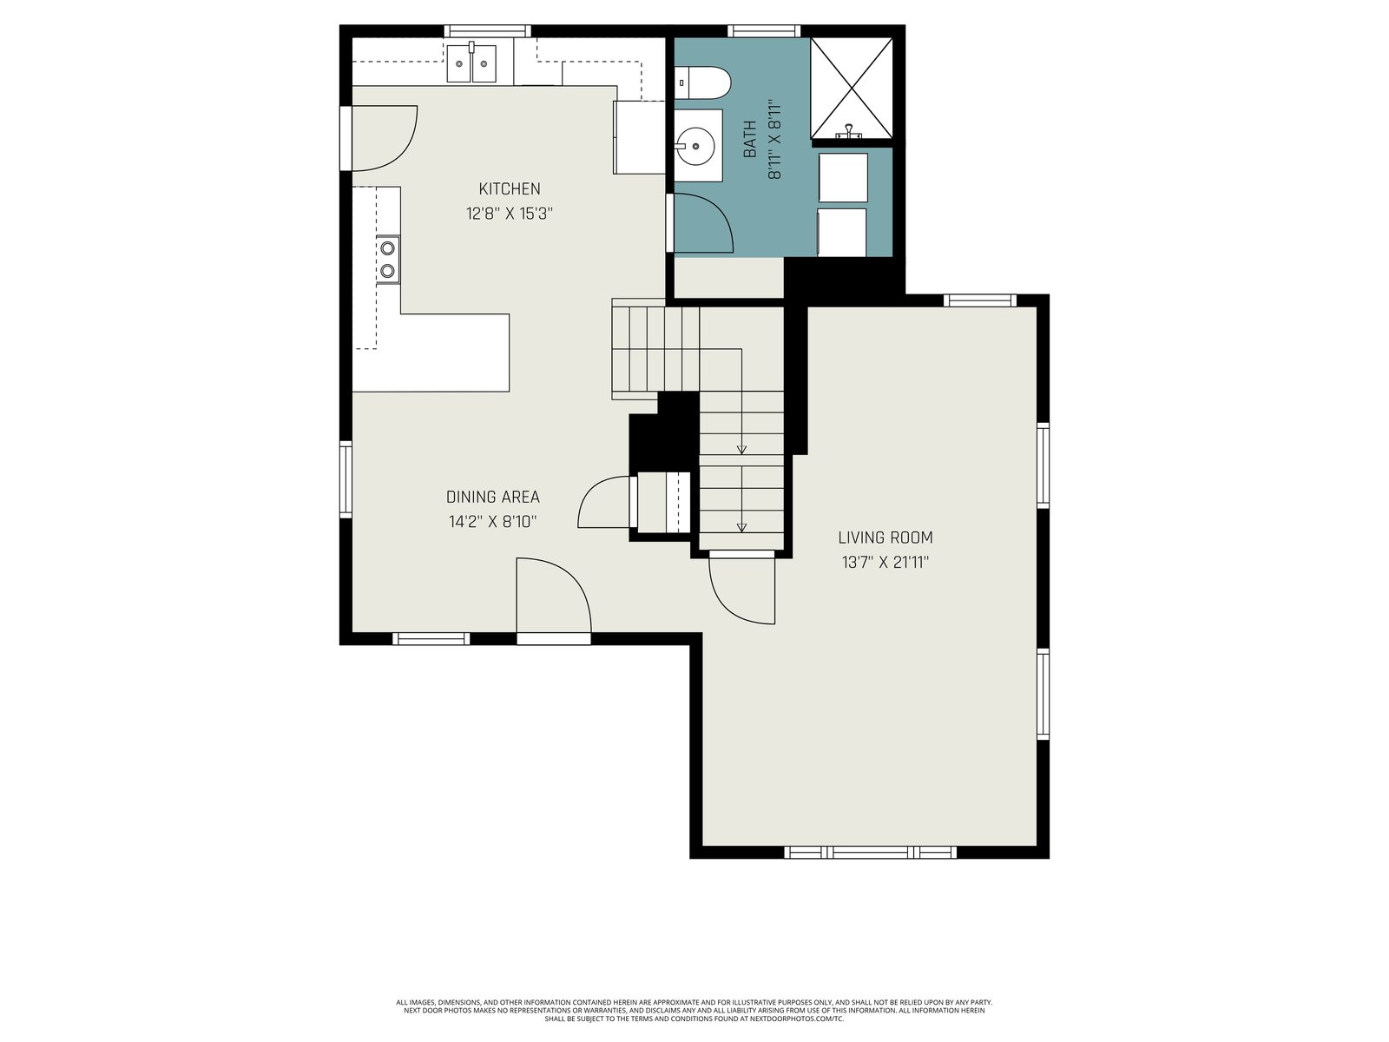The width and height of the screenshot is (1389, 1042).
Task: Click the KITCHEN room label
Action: click(x=510, y=188)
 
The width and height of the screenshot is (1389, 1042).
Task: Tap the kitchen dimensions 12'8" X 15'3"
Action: click(x=510, y=214)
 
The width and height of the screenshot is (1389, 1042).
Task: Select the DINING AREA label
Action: click(x=493, y=497)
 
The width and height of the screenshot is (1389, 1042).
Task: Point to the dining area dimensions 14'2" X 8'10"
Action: click(x=493, y=522)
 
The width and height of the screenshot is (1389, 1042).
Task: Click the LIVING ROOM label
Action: click(x=885, y=537)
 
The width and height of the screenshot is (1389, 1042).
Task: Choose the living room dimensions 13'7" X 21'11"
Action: click(x=885, y=562)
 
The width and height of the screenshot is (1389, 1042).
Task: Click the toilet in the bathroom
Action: click(x=702, y=82)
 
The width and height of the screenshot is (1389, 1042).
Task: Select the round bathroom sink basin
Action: click(x=696, y=146)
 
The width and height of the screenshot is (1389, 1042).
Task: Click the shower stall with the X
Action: click(x=852, y=88)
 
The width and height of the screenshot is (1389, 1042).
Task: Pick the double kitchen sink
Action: click(x=471, y=63)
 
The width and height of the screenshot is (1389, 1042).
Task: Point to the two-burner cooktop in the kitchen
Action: click(x=388, y=259)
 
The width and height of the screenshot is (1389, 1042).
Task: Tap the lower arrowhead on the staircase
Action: click(x=741, y=528)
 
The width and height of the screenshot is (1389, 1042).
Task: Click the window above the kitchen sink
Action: click(x=487, y=31)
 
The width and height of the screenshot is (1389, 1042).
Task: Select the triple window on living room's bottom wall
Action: click(x=870, y=852)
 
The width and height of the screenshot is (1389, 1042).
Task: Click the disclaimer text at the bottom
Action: click(x=694, y=1011)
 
